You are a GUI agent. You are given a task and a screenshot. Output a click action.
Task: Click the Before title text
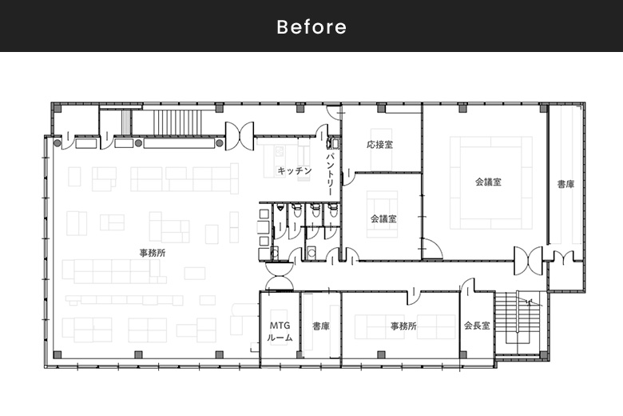tap(311, 26)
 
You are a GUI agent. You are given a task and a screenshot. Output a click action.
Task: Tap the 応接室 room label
tap(380, 145)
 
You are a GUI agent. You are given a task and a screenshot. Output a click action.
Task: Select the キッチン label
tap(295, 170)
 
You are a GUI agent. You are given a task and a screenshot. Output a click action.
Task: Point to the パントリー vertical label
tap(331, 174)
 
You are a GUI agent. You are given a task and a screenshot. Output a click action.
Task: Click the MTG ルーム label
tap(280, 332)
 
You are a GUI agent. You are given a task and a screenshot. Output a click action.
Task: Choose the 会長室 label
tap(477, 326)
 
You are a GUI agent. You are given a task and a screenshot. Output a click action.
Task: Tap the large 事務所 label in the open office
tap(153, 253)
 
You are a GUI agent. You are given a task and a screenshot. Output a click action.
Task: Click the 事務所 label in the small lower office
tap(403, 326)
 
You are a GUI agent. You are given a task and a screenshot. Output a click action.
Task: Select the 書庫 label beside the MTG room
tap(321, 326)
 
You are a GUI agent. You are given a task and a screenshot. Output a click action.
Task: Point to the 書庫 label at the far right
tap(565, 184)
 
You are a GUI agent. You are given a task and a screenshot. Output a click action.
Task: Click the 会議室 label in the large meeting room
tap(488, 182)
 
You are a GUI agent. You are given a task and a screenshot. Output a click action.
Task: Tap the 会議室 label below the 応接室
tap(383, 218)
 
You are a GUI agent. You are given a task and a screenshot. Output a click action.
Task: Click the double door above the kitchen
tap(240, 136)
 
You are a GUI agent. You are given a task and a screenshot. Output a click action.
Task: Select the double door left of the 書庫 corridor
tap(528, 261)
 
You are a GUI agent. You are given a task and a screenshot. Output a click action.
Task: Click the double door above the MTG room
tap(280, 276)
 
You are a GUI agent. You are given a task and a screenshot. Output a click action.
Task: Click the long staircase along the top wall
tap(177, 122)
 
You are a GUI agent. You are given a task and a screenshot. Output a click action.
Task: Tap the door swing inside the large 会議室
tap(432, 249)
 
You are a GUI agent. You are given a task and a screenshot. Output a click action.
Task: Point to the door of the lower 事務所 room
tap(413, 296)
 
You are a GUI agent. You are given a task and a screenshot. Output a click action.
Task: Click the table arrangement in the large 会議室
tap(491, 182)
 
